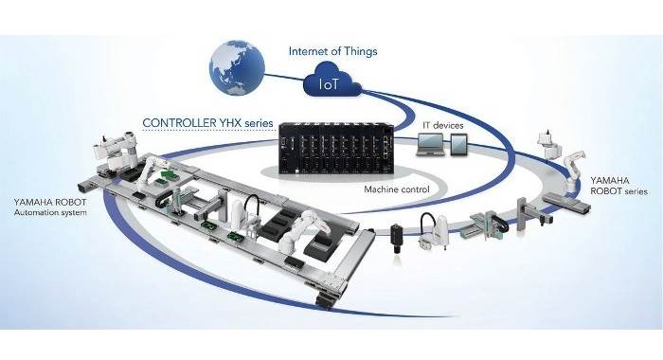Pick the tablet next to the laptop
461,147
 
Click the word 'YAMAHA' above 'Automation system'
34,201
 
